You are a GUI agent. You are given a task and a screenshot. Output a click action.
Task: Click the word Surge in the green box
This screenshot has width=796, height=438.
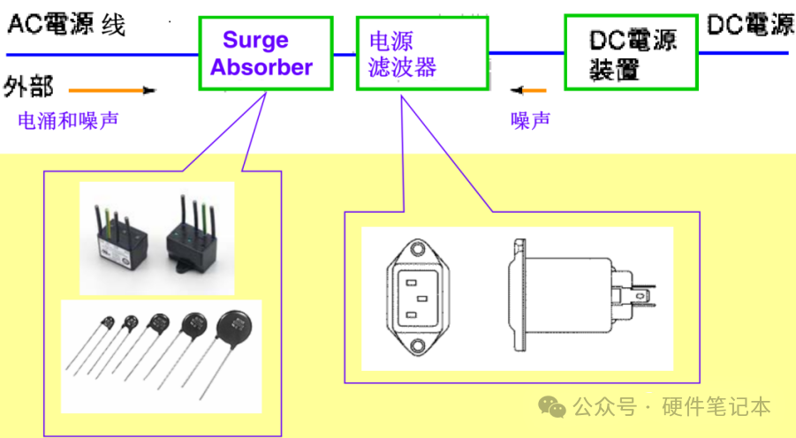click(255, 40)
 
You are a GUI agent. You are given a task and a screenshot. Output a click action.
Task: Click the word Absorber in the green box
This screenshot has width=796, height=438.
click(262, 67)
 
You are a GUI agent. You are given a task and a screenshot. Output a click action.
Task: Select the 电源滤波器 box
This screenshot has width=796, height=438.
click(422, 53)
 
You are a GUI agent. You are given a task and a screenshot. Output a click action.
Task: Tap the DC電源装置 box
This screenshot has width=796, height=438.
click(631, 54)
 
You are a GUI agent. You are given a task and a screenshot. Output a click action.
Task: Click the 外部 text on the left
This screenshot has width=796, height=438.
click(28, 87)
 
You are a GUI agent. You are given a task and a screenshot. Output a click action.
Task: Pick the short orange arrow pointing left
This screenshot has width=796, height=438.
click(528, 89)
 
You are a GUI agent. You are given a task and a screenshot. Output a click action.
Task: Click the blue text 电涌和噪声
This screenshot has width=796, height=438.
click(68, 120)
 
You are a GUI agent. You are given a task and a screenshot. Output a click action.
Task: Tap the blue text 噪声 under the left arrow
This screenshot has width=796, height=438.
click(530, 119)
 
